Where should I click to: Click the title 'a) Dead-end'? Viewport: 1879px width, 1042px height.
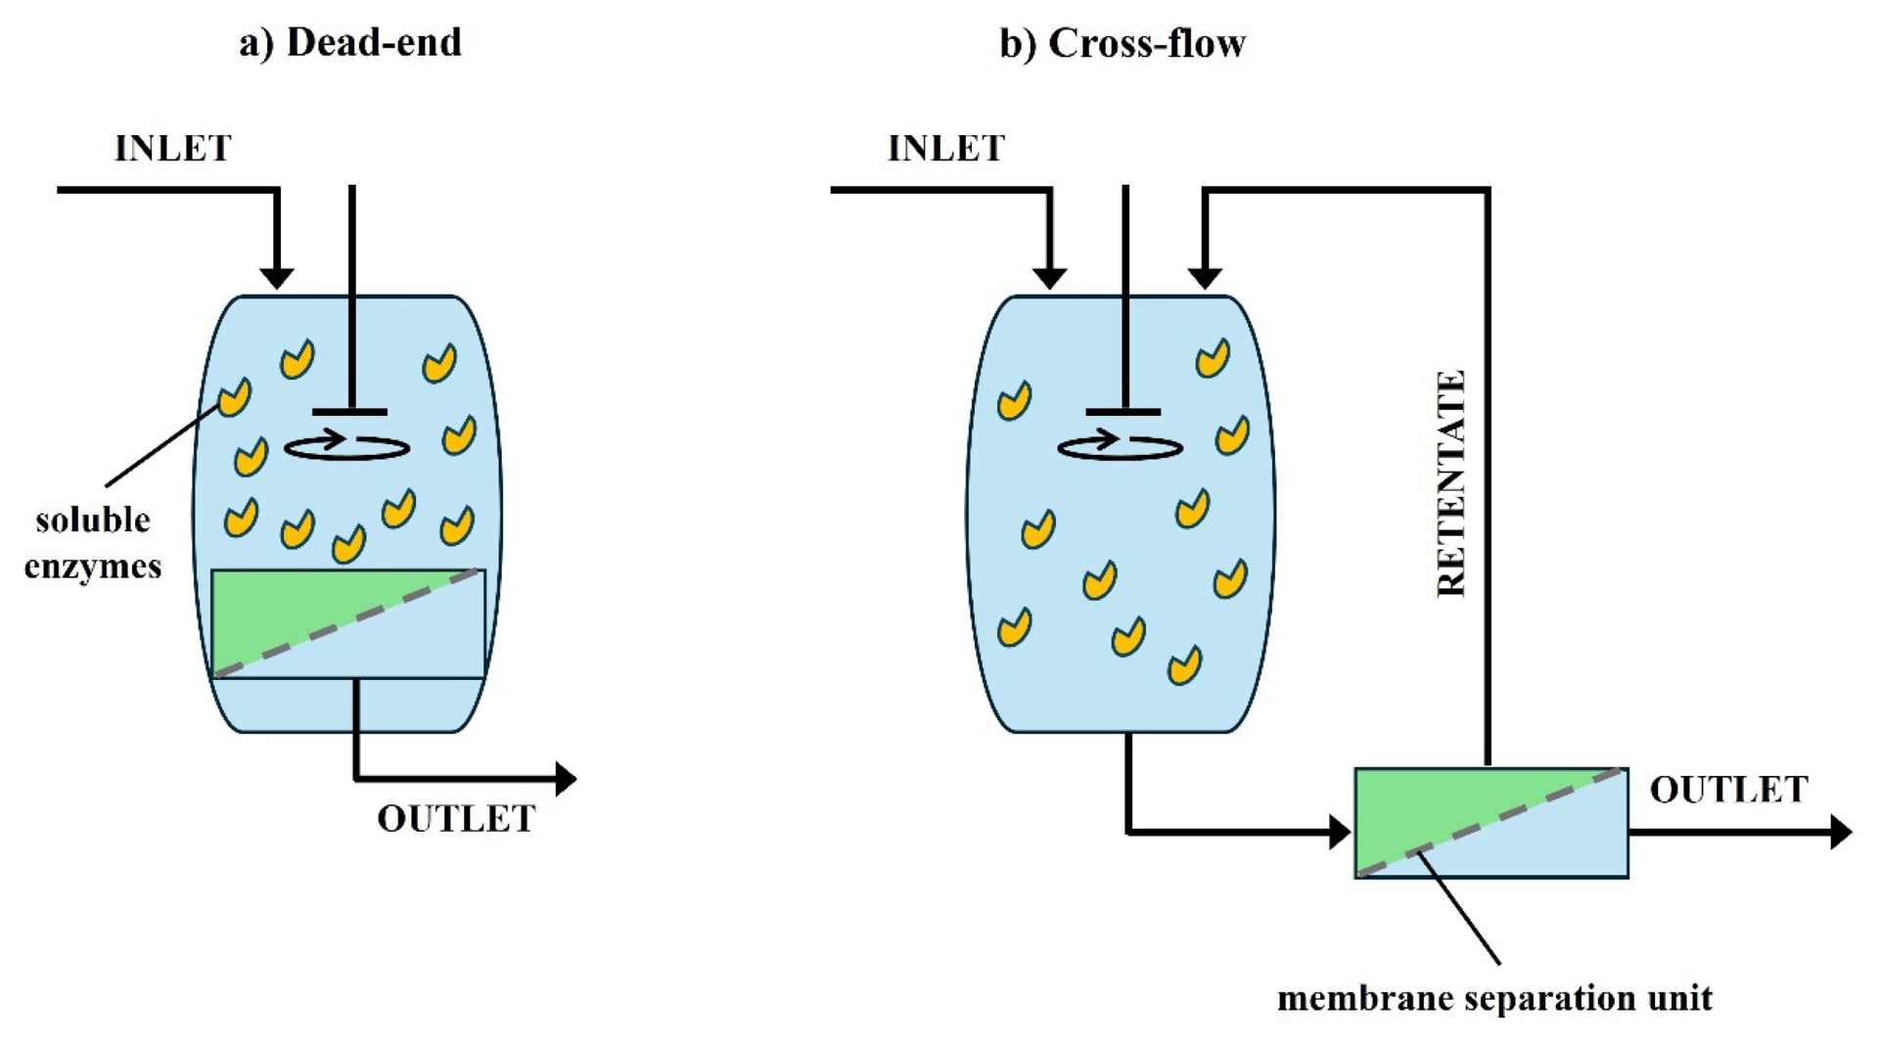coord(349,43)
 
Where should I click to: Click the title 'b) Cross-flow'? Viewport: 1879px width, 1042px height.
coord(1122,43)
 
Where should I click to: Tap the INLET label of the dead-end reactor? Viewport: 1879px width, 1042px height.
coord(173,149)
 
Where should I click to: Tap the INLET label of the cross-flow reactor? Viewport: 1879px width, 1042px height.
coord(946,149)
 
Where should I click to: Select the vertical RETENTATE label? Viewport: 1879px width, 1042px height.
coord(1451,483)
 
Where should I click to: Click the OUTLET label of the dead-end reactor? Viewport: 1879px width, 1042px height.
coord(456,819)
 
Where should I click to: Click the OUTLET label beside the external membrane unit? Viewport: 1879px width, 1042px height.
coord(1728,790)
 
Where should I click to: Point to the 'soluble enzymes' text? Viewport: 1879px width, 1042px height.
coord(93,543)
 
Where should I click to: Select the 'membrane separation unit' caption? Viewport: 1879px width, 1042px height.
coord(1494,999)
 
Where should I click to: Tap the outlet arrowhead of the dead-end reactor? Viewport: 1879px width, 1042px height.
coord(565,779)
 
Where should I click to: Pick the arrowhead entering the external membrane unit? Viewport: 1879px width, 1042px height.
coord(1340,832)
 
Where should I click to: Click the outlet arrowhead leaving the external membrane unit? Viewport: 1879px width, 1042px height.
coord(1841,832)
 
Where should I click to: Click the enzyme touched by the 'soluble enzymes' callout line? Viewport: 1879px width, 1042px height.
coord(234,397)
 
